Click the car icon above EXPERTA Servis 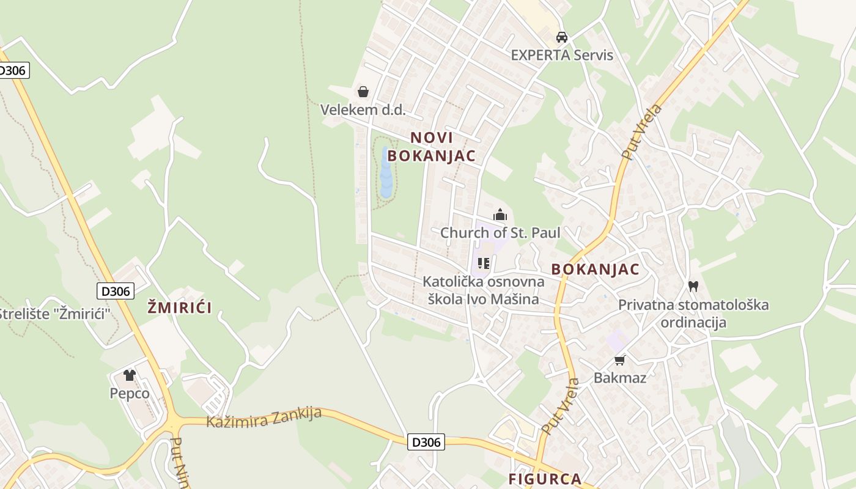click(x=562, y=37)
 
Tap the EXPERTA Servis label click(x=562, y=55)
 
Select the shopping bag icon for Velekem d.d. click(x=363, y=92)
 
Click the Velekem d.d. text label click(x=363, y=110)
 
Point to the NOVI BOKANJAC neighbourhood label click(x=432, y=147)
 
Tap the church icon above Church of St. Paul click(x=500, y=215)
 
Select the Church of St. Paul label click(x=500, y=233)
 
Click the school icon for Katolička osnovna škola click(x=484, y=263)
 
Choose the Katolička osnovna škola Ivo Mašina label click(x=484, y=290)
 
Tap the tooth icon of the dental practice click(x=693, y=285)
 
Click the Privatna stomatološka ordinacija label click(x=693, y=313)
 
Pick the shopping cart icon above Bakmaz click(x=620, y=360)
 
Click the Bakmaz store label click(x=620, y=378)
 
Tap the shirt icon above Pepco click(x=129, y=375)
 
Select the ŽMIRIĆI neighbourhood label click(x=180, y=307)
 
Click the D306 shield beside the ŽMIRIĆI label click(x=116, y=291)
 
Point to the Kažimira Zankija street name click(x=264, y=417)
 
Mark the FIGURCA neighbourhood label click(x=545, y=479)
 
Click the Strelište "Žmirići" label click(x=55, y=314)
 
